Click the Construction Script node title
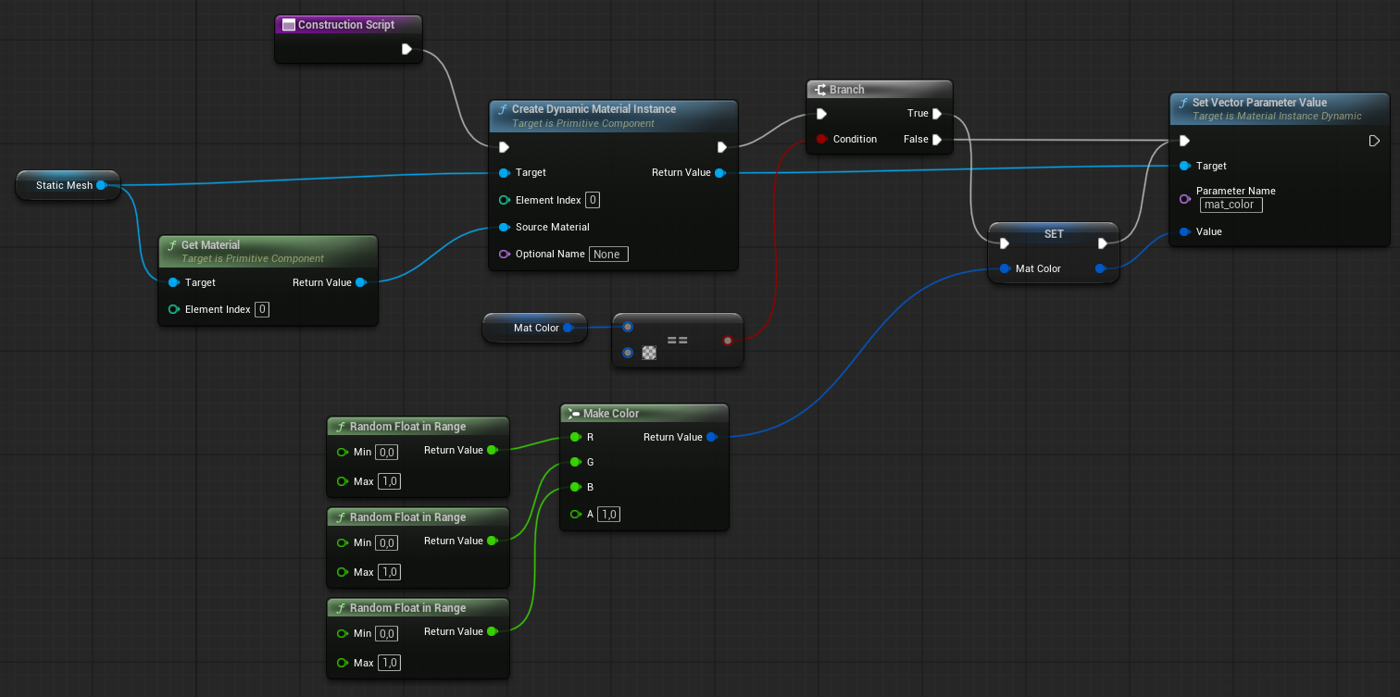[345, 25]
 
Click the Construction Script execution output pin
[407, 49]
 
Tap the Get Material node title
[210, 245]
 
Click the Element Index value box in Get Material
[262, 309]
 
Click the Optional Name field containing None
[608, 254]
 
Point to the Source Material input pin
[505, 227]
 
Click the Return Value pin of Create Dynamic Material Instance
[720, 172]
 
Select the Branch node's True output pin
[937, 114]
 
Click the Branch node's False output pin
[937, 140]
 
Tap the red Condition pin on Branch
[821, 139]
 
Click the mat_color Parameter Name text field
[1231, 205]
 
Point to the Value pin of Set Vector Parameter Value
[1185, 231]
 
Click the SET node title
[1054, 234]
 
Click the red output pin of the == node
[728, 341]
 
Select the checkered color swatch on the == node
[649, 353]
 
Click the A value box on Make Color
[607, 514]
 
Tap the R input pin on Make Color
[575, 437]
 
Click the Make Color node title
[611, 414]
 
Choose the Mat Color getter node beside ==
[535, 328]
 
